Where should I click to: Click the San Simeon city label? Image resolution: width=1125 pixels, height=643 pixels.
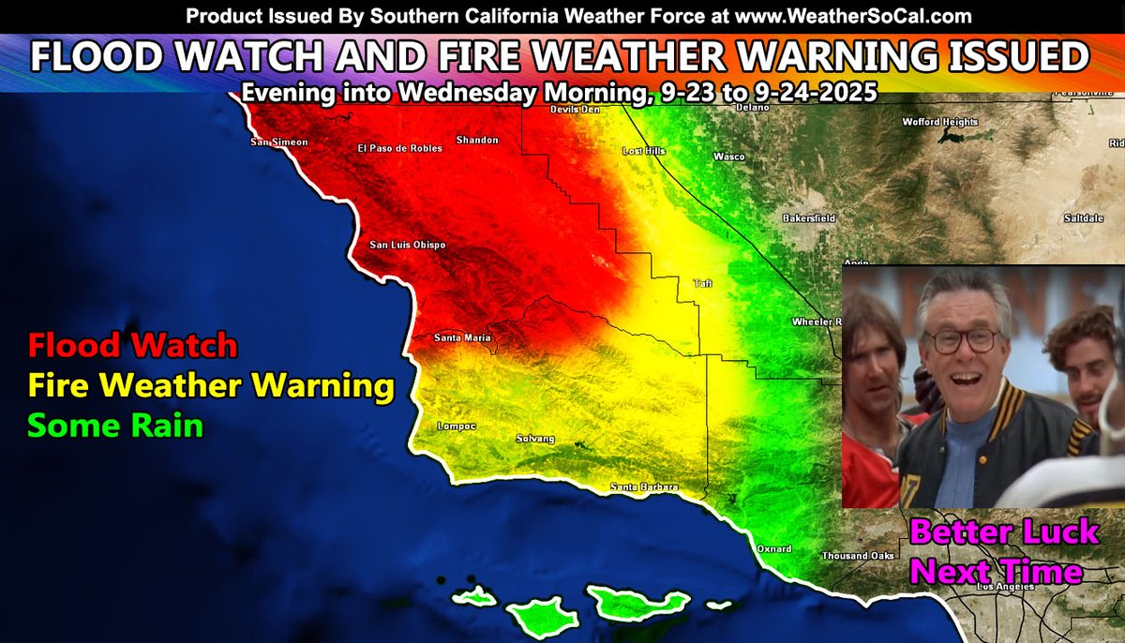pos(278,142)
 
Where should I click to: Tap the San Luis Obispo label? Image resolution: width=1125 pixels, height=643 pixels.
pos(407,246)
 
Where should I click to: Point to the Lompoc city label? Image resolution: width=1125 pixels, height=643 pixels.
pos(457,426)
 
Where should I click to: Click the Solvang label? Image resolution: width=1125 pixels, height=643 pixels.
pos(535,439)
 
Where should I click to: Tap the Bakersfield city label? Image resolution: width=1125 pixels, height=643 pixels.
pos(808,218)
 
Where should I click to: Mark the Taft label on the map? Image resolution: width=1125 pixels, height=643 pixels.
pos(702,282)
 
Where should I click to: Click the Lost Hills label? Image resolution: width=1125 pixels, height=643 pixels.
pos(643,151)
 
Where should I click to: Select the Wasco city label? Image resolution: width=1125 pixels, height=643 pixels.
pos(728,157)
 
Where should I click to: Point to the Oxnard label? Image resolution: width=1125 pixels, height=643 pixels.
pos(774,549)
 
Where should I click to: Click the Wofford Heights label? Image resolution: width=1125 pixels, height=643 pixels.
pos(939,122)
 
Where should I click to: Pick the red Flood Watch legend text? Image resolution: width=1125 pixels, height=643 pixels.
pos(132,346)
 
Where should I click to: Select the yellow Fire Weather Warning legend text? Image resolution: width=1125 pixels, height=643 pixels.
pos(210,385)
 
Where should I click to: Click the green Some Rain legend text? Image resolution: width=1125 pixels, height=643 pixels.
pos(114,426)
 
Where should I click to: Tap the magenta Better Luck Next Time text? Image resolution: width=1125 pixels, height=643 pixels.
pos(1002,551)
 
